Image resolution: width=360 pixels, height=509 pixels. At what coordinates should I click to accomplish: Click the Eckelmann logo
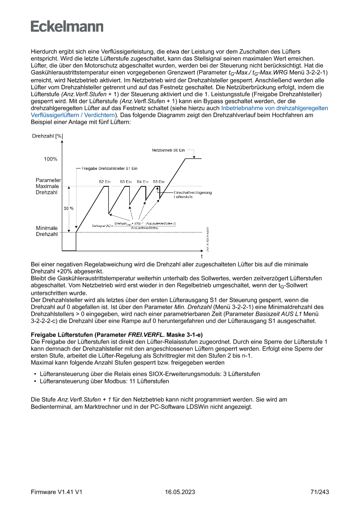click(67, 26)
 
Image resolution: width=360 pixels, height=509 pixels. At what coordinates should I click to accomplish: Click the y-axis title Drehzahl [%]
click(47, 136)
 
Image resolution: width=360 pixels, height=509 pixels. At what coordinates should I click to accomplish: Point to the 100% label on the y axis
click(50, 159)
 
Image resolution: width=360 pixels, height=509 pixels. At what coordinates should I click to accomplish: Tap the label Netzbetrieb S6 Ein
click(168, 150)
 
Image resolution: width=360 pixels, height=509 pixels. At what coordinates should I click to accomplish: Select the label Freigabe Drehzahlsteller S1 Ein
click(110, 168)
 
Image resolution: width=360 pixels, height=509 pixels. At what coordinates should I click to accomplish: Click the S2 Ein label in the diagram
click(105, 181)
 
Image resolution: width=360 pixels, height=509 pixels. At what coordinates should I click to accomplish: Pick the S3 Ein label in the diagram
click(126, 181)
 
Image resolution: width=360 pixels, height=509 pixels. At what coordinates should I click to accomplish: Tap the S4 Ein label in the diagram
click(142, 181)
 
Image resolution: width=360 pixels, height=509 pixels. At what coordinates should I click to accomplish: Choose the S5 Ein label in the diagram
click(158, 181)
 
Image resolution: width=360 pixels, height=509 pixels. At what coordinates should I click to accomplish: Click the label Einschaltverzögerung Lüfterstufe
click(192, 195)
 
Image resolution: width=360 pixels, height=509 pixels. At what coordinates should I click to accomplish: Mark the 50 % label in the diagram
click(69, 208)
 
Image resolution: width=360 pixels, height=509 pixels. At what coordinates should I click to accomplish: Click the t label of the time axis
click(202, 256)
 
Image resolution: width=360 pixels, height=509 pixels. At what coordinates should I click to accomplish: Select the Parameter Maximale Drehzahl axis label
click(48, 186)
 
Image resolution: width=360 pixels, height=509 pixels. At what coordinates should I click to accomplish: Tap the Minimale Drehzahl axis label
click(47, 231)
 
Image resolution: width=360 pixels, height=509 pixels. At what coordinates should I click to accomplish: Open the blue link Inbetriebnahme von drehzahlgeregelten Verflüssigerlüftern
click(274, 108)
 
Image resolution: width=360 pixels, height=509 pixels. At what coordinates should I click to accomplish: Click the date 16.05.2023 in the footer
click(180, 492)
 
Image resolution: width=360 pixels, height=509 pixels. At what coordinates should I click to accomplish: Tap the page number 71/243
click(320, 492)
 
